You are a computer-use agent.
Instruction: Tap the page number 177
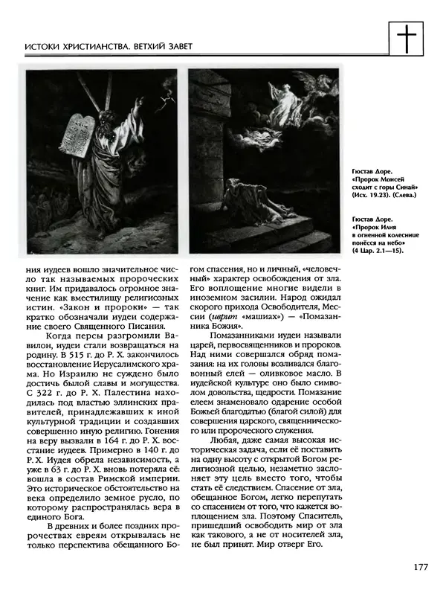tap(419, 568)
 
